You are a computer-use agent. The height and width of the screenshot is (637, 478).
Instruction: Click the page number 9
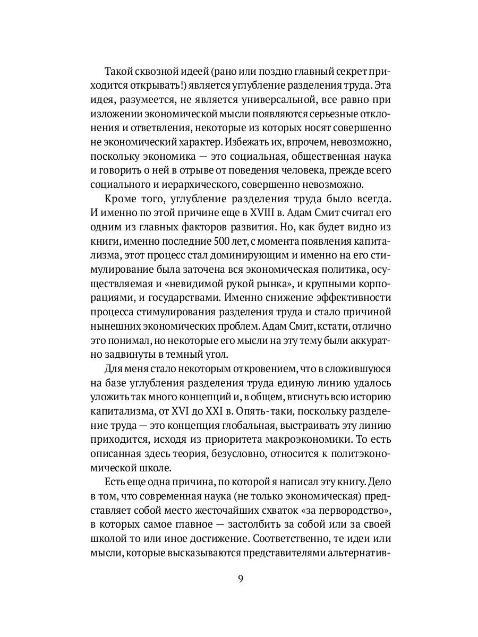point(240,578)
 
